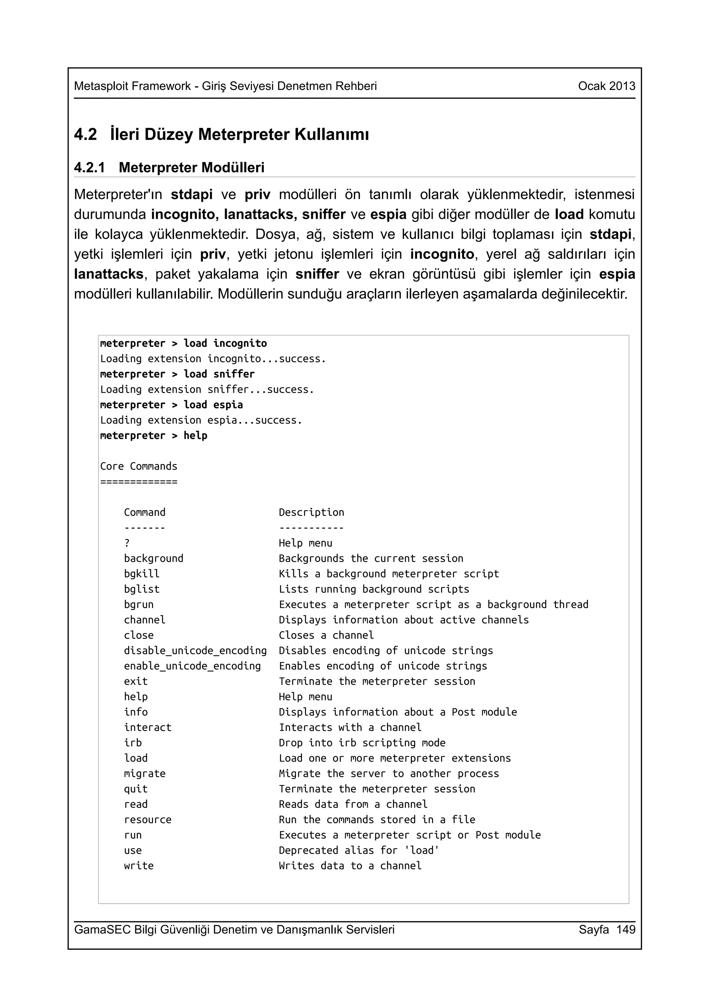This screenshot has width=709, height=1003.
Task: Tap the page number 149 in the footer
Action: click(626, 929)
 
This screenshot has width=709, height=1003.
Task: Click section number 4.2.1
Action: click(90, 168)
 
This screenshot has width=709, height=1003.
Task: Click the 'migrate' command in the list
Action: click(145, 774)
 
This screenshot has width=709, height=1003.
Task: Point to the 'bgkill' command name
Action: click(142, 573)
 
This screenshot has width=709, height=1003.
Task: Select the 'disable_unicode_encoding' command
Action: click(195, 650)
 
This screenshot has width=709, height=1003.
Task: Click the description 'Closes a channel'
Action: click(326, 635)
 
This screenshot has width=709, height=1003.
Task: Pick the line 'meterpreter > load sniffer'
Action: click(177, 374)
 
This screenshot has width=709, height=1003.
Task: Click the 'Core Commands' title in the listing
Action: click(138, 466)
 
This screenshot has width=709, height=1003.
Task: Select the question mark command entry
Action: click(127, 543)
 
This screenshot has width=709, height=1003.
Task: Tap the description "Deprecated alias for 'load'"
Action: click(359, 850)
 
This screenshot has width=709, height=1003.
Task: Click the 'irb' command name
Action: click(133, 743)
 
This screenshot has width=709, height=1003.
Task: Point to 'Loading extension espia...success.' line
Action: click(201, 420)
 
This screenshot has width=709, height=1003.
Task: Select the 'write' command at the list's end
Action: click(138, 865)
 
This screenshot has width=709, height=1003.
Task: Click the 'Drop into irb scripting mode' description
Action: click(362, 743)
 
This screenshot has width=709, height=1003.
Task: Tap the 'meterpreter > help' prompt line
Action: click(153, 435)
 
